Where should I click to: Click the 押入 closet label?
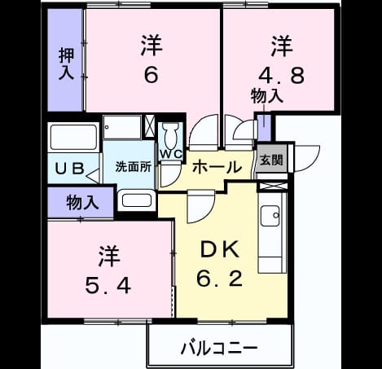tap(66, 64)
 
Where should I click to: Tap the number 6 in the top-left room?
tap(151, 74)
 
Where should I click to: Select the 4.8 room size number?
tap(281, 75)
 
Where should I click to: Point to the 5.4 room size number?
tap(108, 285)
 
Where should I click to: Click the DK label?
tap(220, 250)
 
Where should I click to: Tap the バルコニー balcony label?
tap(219, 348)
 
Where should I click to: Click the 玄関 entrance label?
tap(271, 160)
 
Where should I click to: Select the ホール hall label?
tap(217, 166)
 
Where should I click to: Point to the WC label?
tap(171, 155)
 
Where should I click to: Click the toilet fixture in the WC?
tap(170, 135)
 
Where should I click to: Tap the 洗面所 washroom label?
tap(133, 166)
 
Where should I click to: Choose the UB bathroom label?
tap(70, 169)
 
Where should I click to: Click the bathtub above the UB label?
tap(74, 138)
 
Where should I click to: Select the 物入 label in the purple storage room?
tap(82, 203)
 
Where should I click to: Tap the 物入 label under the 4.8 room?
tap(267, 96)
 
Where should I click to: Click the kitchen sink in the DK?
tap(270, 216)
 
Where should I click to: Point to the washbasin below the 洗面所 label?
tap(137, 200)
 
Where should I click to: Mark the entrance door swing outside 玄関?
tap(306, 159)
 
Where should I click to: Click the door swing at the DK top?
tap(201, 206)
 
